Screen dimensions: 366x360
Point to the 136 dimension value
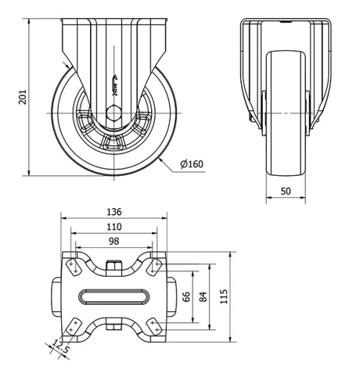coord(113,212)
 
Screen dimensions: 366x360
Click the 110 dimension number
coord(113,226)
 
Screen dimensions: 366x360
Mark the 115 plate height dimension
coord(223,296)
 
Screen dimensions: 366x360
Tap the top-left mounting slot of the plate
coord(73,266)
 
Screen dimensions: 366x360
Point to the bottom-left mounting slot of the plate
coord(73,327)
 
